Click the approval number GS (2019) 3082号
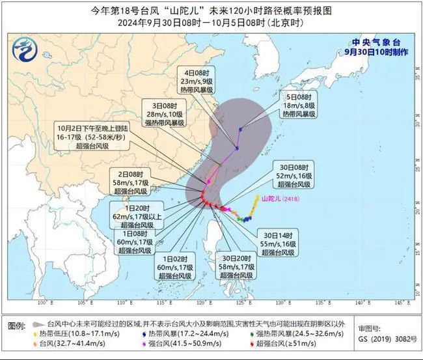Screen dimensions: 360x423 click(x=387, y=339)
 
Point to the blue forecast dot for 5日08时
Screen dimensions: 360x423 click(x=240, y=128)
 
